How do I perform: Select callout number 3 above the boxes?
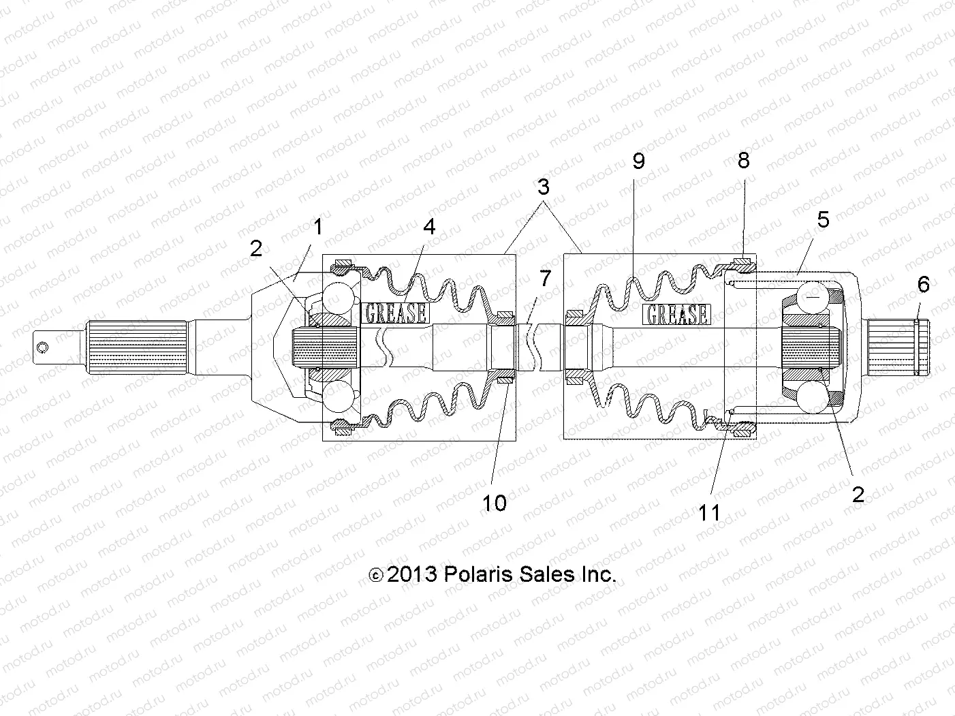(543, 187)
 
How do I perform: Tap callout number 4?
(429, 227)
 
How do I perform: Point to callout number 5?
(823, 219)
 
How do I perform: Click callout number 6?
(923, 284)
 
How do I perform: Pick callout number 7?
(545, 278)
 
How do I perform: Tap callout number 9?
(638, 161)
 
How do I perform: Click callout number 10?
(495, 503)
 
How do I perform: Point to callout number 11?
(709, 512)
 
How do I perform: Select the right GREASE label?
(676, 314)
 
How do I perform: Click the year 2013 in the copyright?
(411, 574)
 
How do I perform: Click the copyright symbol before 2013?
(375, 576)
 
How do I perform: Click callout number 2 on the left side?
(256, 249)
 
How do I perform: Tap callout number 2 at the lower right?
(858, 494)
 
